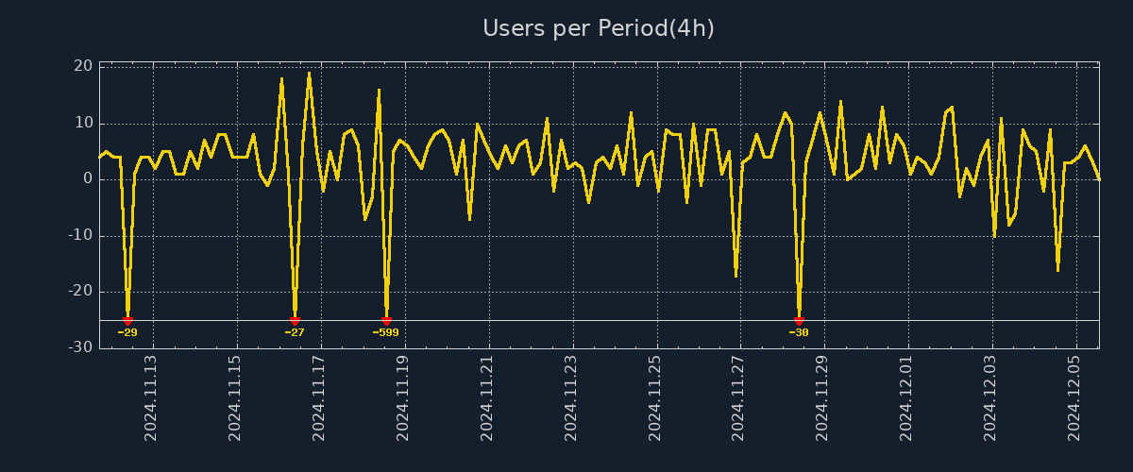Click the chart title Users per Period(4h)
[599, 28]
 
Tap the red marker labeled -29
[127, 321]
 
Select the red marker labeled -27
[295, 321]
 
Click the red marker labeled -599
[386, 321]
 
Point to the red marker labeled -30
[799, 321]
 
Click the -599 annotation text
[385, 332]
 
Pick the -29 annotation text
[127, 332]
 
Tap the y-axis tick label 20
[83, 66]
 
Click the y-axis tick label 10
[83, 123]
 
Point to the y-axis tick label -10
[80, 235]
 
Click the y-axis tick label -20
[80, 291]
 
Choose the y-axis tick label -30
[80, 347]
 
